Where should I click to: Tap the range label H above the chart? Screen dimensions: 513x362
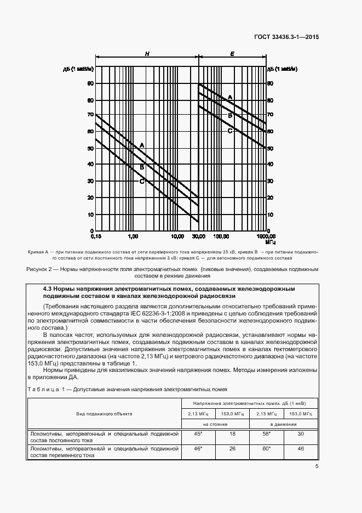147,54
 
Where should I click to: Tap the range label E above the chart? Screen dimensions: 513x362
232,54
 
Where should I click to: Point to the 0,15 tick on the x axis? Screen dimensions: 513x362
96,236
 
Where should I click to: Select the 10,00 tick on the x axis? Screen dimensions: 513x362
177,236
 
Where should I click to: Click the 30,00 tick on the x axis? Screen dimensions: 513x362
198,236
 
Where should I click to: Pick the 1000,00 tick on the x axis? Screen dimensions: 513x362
266,236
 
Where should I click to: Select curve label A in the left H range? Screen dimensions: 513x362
142,145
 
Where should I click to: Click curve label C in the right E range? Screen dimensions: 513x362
230,131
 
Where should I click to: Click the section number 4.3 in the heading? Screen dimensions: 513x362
48,288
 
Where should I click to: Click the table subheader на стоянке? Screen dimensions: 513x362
215,424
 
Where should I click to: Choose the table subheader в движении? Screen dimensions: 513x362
283,424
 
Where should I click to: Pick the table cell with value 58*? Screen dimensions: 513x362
265,433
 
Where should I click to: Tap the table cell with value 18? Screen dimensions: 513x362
232,433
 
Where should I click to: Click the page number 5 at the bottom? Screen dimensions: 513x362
317,466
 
